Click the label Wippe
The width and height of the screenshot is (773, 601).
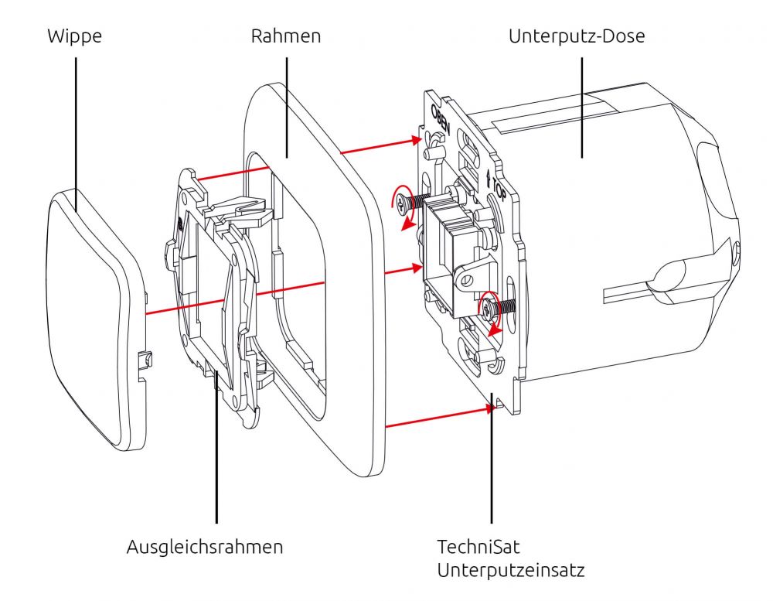76,36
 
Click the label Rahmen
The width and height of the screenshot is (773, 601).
286,36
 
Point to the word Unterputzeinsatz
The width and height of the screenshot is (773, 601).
510,572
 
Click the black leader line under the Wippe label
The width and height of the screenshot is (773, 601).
76,116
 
